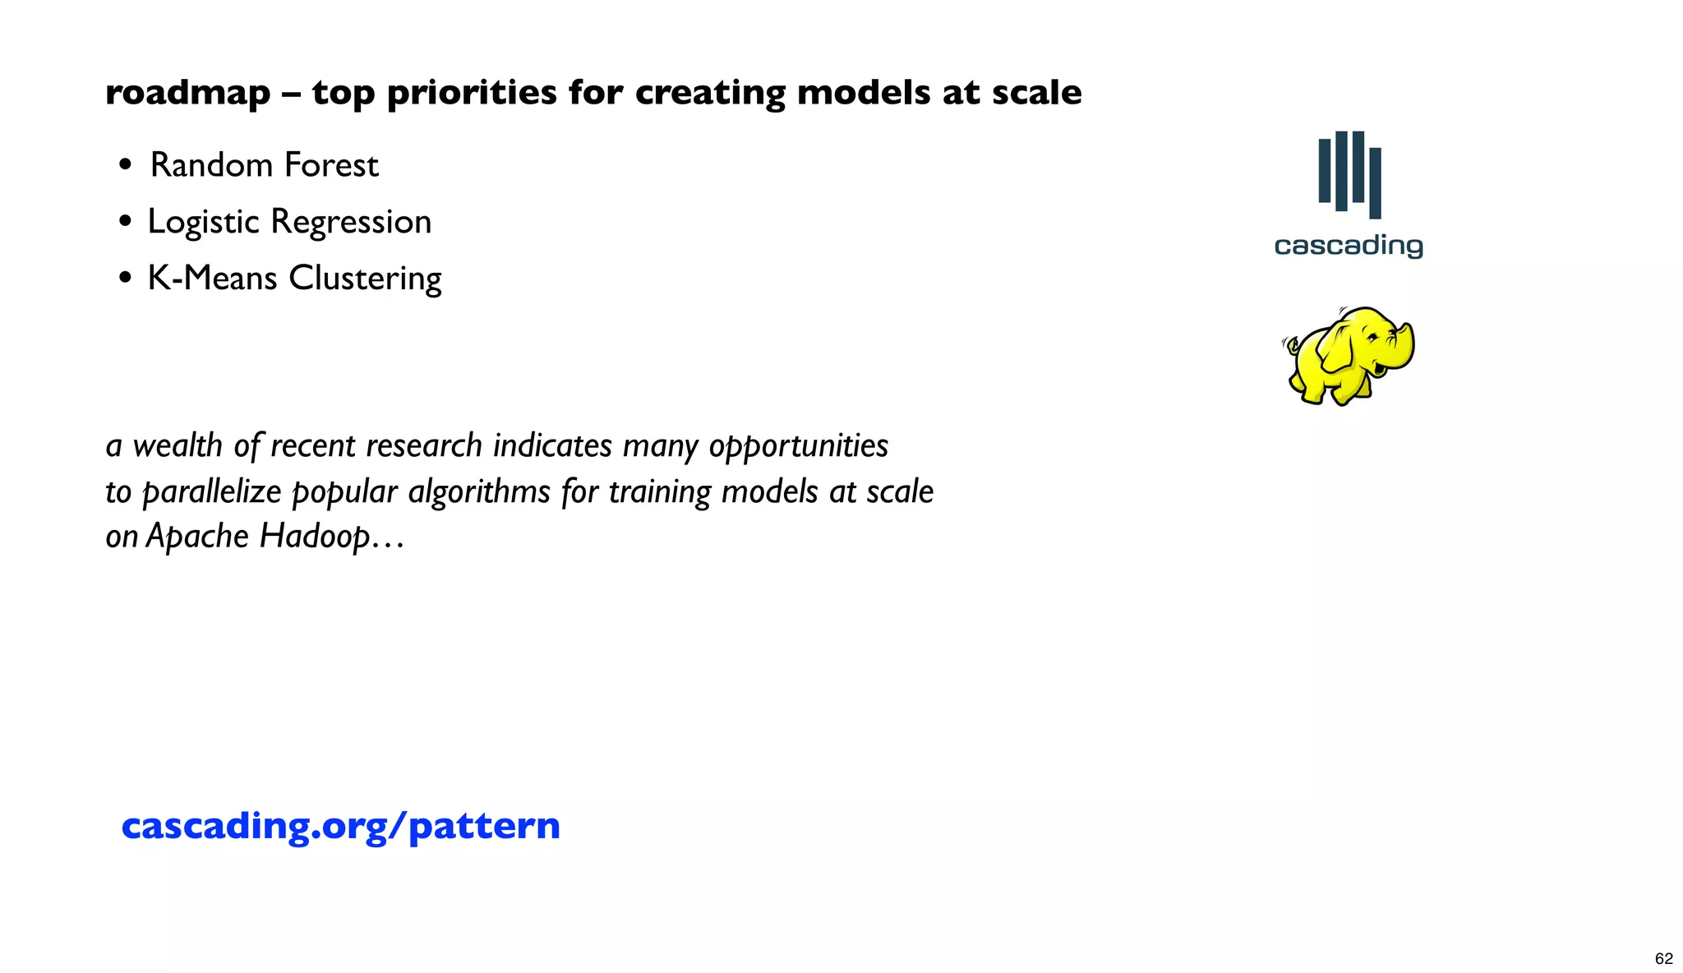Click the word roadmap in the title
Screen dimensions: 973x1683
pyautogui.click(x=187, y=93)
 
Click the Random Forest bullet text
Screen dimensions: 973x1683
pyautogui.click(x=264, y=165)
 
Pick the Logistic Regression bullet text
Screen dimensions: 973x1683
pyautogui.click(x=289, y=222)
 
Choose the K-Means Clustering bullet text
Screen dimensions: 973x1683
pyautogui.click(x=294, y=279)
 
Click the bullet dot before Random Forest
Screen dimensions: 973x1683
pyautogui.click(x=125, y=165)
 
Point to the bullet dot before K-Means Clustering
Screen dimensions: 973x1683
pyautogui.click(x=125, y=279)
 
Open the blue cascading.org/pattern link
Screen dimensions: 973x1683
pyautogui.click(x=340, y=825)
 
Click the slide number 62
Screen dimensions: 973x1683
pyautogui.click(x=1663, y=958)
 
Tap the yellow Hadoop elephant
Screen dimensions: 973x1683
pyautogui.click(x=1349, y=356)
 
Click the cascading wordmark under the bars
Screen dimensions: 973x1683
pyautogui.click(x=1349, y=246)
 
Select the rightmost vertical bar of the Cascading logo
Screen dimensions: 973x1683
pyautogui.click(x=1375, y=182)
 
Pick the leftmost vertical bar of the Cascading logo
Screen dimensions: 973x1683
pyautogui.click(x=1324, y=170)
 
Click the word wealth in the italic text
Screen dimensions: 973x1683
pyautogui.click(x=178, y=445)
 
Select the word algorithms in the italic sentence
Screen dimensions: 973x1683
pyautogui.click(x=479, y=492)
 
